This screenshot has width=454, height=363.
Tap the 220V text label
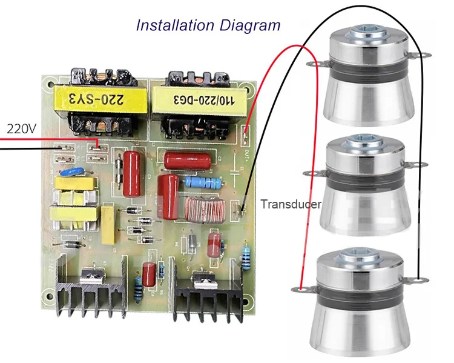(22, 128)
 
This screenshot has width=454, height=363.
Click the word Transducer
(291, 204)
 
